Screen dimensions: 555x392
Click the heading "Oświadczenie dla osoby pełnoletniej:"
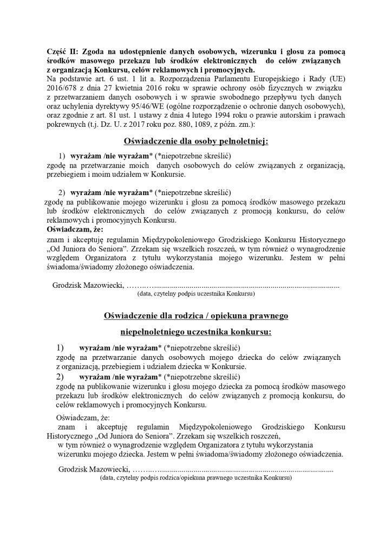[196, 142]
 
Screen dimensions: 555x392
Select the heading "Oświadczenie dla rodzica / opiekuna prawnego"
[196, 315]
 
